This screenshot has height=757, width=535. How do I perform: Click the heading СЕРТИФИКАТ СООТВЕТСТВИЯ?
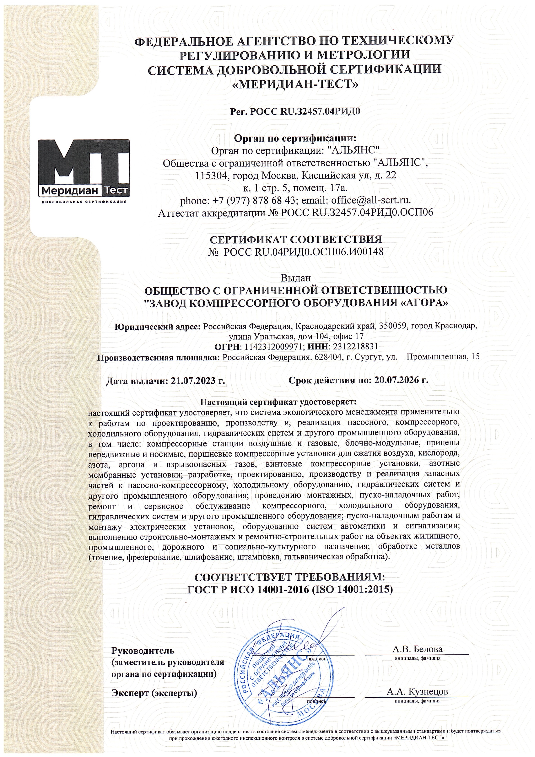(296, 239)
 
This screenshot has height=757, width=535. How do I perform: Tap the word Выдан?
(296, 278)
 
